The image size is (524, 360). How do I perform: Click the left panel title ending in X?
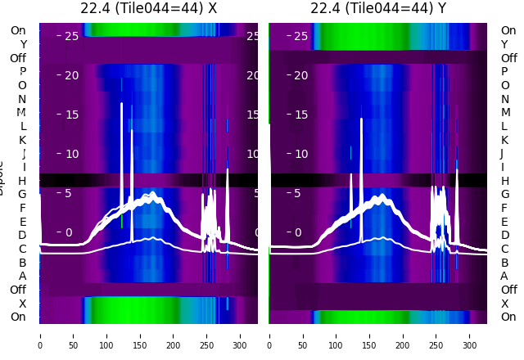[148, 8]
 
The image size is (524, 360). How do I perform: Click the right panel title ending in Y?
[377, 8]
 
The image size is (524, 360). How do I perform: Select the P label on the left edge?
[23, 71]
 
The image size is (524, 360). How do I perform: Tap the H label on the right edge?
[504, 181]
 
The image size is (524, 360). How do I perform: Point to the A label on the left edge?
[23, 276]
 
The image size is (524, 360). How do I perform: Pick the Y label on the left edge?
[23, 44]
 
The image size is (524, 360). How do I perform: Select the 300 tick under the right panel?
[469, 335]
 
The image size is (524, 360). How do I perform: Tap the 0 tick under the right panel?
[269, 335]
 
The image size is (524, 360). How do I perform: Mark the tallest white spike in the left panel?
[121, 105]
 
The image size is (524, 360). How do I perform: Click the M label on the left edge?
[22, 112]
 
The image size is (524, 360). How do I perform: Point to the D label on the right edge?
[504, 235]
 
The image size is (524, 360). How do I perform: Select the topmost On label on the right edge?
[508, 30]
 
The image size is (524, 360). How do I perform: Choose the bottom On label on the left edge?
[18, 317]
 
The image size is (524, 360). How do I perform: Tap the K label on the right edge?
[504, 140]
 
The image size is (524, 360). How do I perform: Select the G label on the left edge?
[23, 194]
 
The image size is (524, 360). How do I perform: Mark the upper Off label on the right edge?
[508, 58]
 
